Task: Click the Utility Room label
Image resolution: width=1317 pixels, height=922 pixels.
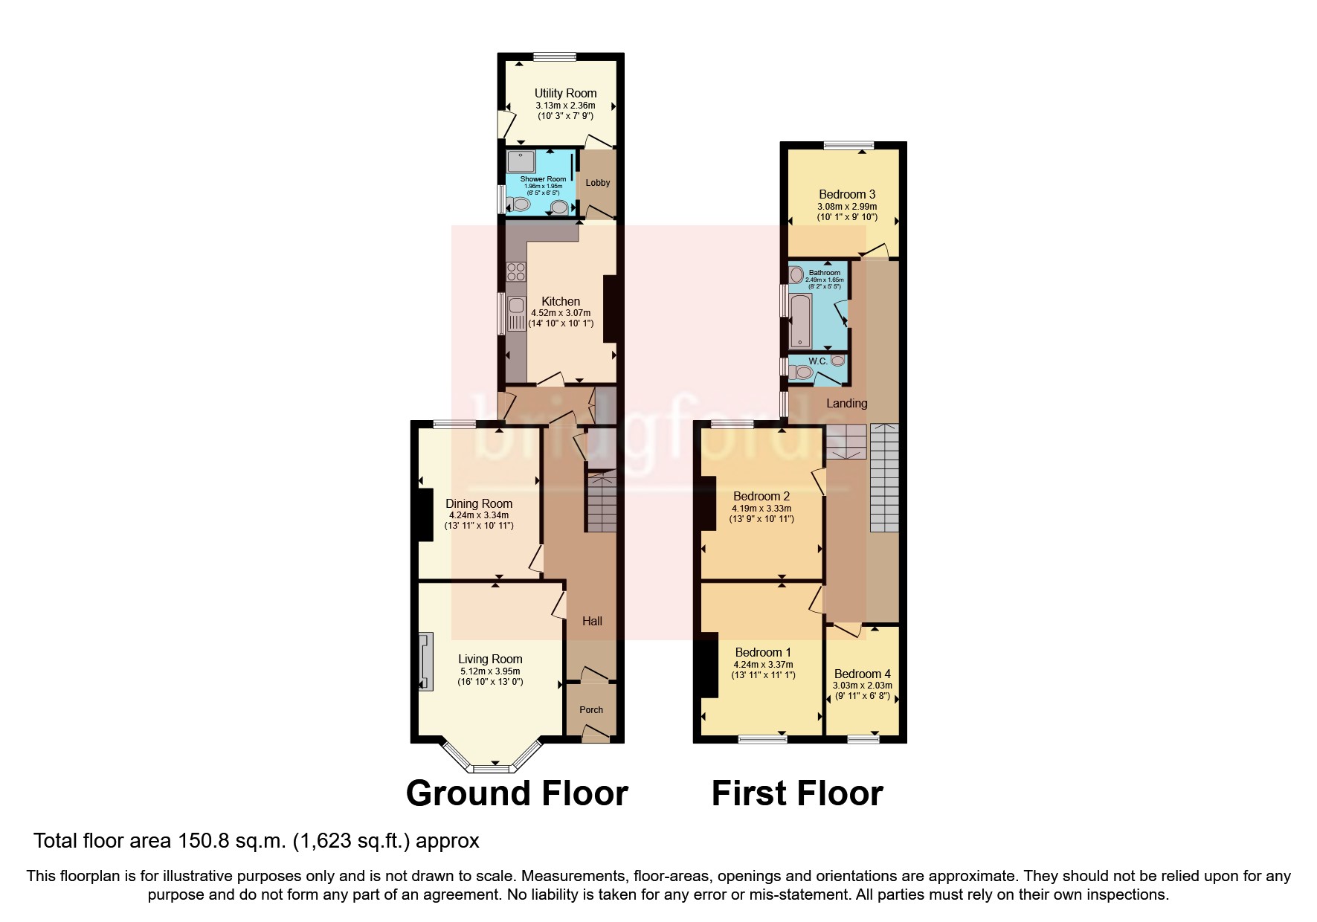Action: (x=565, y=93)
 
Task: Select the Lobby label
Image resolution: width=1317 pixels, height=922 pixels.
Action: (x=598, y=183)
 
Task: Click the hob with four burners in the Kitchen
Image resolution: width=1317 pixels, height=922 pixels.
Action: (x=516, y=272)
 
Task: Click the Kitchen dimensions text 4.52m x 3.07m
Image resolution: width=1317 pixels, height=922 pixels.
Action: (x=561, y=313)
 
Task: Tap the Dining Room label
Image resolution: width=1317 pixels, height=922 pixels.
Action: (x=479, y=503)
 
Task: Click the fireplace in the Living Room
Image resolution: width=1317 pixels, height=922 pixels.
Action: (x=425, y=661)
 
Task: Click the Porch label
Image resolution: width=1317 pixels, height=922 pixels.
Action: (x=591, y=709)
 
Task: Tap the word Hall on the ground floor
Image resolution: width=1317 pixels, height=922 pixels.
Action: (x=592, y=621)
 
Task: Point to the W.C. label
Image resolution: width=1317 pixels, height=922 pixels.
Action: (x=817, y=361)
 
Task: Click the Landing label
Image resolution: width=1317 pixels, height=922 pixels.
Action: (x=847, y=403)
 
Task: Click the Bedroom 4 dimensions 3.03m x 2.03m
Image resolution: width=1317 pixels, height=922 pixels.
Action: (x=863, y=686)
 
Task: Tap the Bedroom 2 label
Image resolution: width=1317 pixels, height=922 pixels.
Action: (x=761, y=496)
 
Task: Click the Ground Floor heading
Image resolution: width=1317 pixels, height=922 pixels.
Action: (x=517, y=793)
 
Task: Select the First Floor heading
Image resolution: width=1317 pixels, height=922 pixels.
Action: (x=797, y=793)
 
